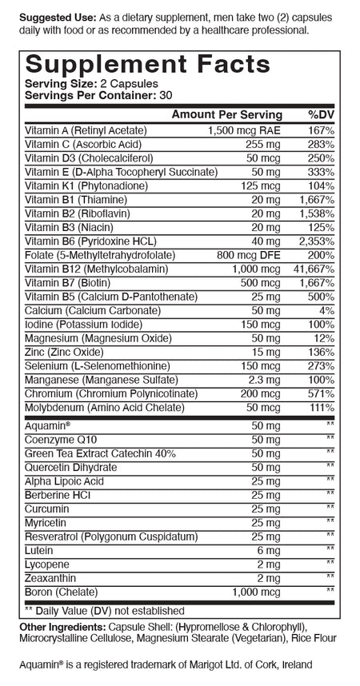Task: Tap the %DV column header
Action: (x=321, y=114)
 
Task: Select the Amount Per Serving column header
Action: (x=227, y=114)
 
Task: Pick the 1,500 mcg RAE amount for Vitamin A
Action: (x=244, y=130)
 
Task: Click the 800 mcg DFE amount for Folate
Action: (x=252, y=255)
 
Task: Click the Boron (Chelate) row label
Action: (x=60, y=592)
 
